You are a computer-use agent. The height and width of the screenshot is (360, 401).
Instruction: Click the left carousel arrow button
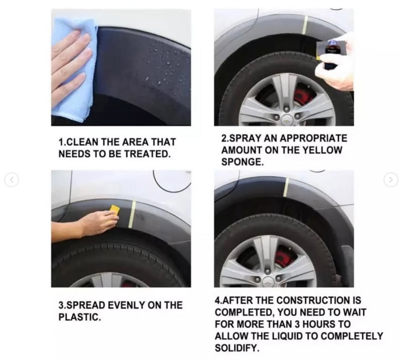coord(12,180)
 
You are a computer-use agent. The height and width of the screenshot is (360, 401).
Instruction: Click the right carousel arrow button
coord(391,180)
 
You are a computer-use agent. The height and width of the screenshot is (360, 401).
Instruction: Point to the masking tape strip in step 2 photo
coord(305,25)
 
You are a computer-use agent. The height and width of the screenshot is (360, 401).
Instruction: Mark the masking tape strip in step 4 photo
coord(286,187)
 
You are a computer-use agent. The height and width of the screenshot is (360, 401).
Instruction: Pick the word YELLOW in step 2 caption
coord(322,150)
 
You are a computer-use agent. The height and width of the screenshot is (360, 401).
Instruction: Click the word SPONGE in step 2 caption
coord(242,162)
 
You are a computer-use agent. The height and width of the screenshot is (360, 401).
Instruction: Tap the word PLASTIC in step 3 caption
coord(79,317)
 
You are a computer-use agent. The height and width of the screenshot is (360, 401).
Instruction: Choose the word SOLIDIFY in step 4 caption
coord(236,348)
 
